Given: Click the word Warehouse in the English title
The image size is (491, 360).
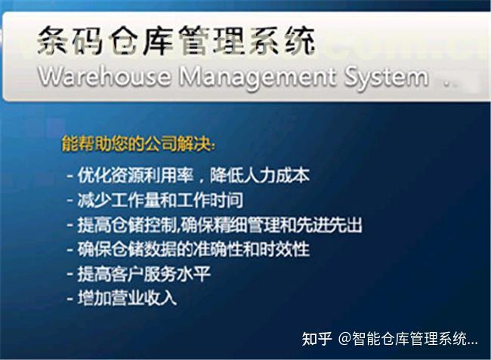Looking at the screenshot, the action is pyautogui.click(x=104, y=76).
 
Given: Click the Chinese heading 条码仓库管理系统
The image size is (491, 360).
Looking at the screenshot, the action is pyautogui.click(x=176, y=41).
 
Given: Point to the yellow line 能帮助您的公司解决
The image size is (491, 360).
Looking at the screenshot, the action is pyautogui.click(x=138, y=143).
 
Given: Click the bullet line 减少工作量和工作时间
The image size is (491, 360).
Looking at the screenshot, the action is pyautogui.click(x=160, y=200).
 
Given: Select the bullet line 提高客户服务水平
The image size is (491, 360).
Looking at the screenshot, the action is pyautogui.click(x=144, y=274).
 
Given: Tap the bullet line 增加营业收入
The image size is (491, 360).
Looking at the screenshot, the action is pyautogui.click(x=127, y=298).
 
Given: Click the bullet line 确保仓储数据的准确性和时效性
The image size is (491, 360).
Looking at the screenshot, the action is pyautogui.click(x=193, y=249).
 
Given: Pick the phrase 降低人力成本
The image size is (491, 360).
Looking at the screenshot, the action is pyautogui.click(x=260, y=175).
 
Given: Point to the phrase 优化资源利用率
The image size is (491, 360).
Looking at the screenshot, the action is pyautogui.click(x=135, y=175).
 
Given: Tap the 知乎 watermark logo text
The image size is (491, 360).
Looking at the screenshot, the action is pyautogui.click(x=317, y=339).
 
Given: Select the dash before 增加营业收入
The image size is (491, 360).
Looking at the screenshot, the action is pyautogui.click(x=69, y=299).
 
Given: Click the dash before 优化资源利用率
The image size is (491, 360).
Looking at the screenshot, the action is pyautogui.click(x=69, y=176).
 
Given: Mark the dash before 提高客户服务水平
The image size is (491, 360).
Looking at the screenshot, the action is pyautogui.click(x=69, y=275).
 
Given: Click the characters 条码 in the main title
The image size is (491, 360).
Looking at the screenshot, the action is pyautogui.click(x=69, y=41).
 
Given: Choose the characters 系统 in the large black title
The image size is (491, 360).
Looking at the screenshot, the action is pyautogui.click(x=282, y=41).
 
